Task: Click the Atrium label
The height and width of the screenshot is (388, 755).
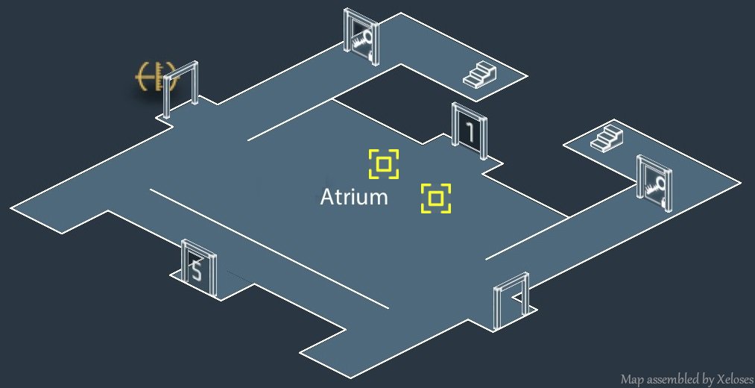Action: (354, 198)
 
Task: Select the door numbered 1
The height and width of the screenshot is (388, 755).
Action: (470, 131)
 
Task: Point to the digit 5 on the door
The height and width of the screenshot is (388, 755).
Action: (197, 272)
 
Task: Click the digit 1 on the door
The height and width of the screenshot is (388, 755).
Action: (470, 132)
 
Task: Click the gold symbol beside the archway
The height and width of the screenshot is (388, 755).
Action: (151, 77)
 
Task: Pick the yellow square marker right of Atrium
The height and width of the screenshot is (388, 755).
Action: (436, 198)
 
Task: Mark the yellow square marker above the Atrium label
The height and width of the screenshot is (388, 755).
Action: (384, 164)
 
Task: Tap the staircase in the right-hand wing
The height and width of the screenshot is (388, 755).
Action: (606, 137)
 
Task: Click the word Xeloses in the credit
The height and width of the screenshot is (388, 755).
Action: (730, 379)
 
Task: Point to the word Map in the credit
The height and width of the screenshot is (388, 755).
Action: (631, 379)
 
